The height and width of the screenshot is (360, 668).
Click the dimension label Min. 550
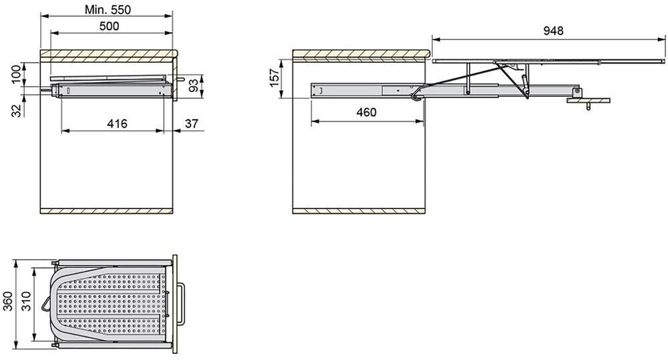point(108,9)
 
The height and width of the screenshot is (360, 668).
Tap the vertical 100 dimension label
point(15,74)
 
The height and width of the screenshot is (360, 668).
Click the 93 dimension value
point(193,86)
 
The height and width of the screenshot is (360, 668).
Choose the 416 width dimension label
point(116,123)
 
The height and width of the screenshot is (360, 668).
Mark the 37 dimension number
point(192,123)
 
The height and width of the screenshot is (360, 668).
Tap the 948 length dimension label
point(553,31)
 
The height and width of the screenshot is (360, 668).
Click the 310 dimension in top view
point(25,303)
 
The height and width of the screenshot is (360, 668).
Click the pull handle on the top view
point(182,304)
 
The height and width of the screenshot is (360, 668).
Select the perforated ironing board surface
point(110,304)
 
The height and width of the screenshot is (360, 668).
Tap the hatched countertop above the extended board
point(361,53)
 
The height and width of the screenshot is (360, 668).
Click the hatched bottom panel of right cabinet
point(359,211)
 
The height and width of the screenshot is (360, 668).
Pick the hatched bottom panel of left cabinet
point(107,211)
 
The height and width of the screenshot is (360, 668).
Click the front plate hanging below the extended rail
point(588,101)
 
